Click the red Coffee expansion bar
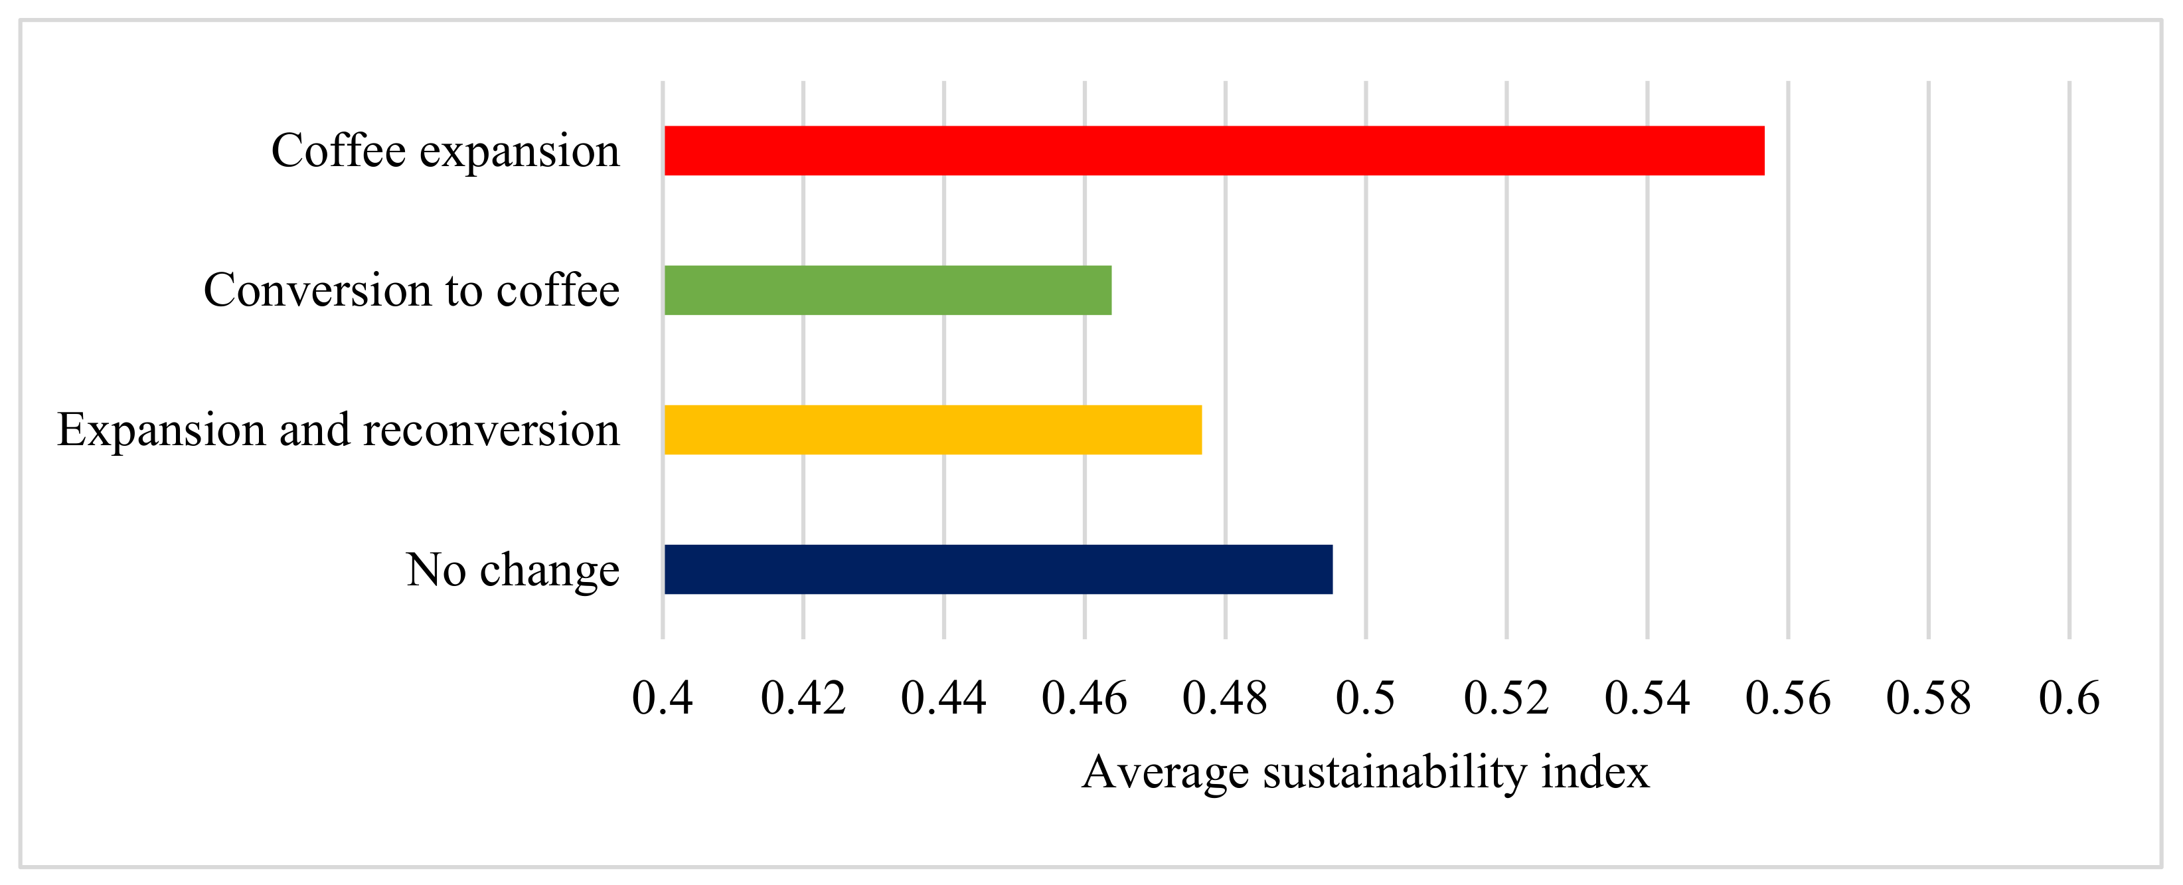coord(1214,151)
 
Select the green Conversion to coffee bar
coord(887,290)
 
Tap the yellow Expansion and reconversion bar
coord(932,430)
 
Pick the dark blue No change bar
coord(997,569)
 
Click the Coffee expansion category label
coord(445,151)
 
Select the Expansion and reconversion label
coord(338,430)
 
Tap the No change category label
coord(512,569)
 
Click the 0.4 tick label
coord(662,698)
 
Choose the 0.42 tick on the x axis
coord(803,698)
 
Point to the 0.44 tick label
coord(943,698)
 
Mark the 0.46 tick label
coord(1084,698)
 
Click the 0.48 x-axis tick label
coord(1224,698)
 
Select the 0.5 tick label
coord(1365,698)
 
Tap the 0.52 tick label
coord(1506,698)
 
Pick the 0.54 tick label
coord(1647,698)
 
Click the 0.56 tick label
coord(1787,698)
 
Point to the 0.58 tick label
coord(1928,698)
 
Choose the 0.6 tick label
coord(2069,698)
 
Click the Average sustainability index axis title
coord(1365,772)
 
